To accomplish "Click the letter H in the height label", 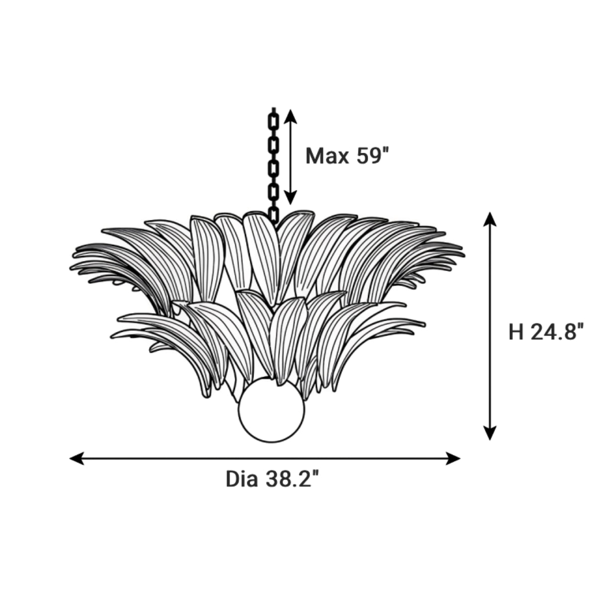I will pos(516,332).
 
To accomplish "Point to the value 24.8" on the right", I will pos(556,332).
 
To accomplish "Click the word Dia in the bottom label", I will pos(242,480).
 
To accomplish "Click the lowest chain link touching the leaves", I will pos(274,214).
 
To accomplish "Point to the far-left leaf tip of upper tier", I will pos(72,267).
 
